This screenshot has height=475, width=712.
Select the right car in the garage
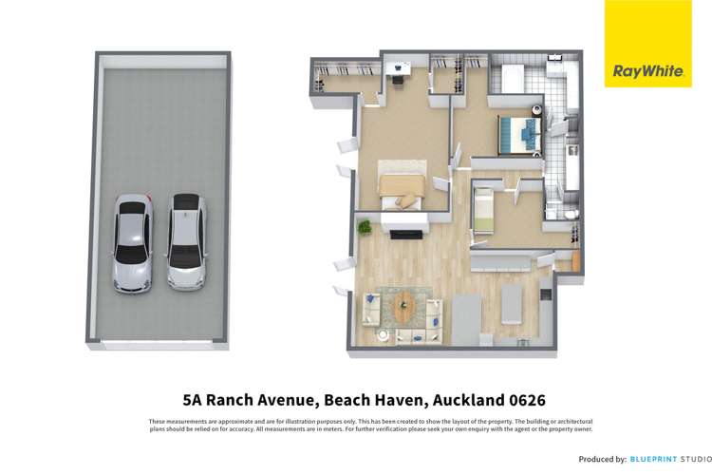coord(187,241)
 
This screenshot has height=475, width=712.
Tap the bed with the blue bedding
coord(519,133)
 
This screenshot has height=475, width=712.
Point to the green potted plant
coord(364,227)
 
